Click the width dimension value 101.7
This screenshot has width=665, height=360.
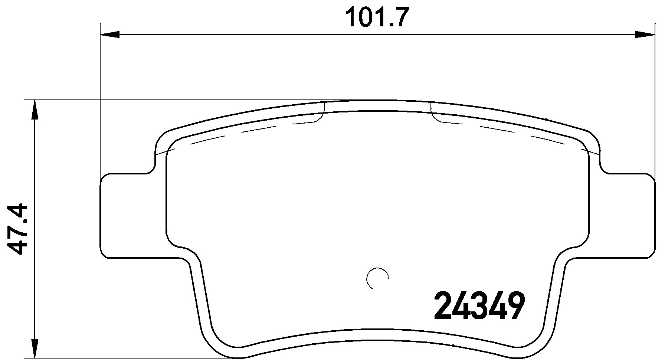point(377,17)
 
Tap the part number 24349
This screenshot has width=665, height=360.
point(480,306)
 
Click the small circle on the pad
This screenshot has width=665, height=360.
point(377,278)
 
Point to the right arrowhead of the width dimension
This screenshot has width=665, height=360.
point(645,35)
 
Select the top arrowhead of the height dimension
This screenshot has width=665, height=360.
point(35,109)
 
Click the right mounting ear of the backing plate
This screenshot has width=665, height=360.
point(627,215)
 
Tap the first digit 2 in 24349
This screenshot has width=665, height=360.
point(443,306)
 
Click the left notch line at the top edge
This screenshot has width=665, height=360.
point(324,110)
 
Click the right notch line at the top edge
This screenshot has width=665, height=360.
point(431,110)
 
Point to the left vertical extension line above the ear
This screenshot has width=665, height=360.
point(100,104)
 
